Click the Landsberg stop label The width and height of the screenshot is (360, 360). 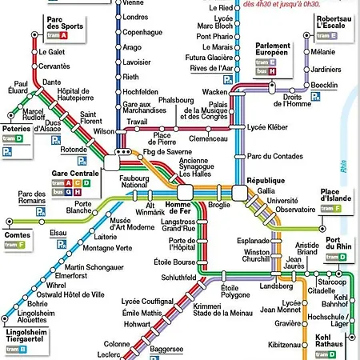coord(277,286)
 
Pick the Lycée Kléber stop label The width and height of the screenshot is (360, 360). coord(266,127)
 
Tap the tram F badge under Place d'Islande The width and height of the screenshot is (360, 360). coord(332,208)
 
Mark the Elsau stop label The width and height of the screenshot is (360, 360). coord(58,233)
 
